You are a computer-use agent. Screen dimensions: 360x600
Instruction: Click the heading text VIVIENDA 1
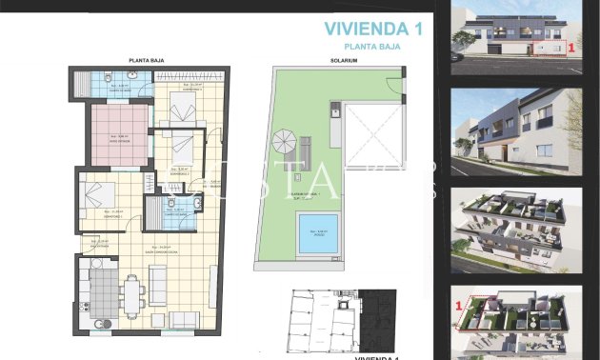(x=372, y=29)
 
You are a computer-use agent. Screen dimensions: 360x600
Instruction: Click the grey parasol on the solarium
(x=284, y=143)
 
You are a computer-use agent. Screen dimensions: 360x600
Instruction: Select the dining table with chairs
(x=132, y=290)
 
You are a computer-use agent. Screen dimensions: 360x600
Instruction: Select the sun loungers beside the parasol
(x=306, y=150)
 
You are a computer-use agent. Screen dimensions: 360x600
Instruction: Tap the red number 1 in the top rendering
(x=570, y=45)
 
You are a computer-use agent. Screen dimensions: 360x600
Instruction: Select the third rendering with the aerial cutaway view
(x=515, y=229)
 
